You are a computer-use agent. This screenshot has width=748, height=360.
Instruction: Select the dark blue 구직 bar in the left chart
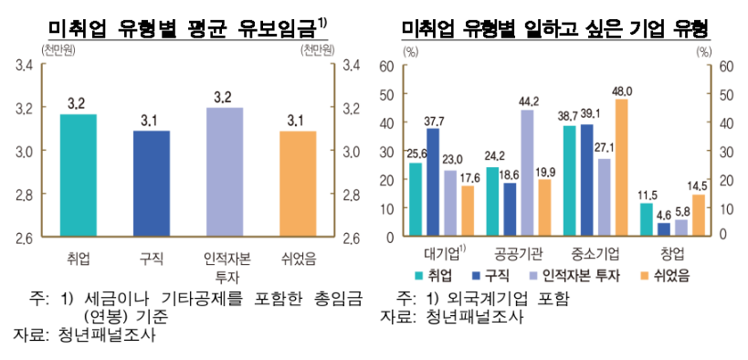coord(151,184)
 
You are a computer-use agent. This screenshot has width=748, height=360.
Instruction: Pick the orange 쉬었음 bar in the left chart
coord(297,184)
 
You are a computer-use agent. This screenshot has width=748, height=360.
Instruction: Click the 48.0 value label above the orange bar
coord(623,90)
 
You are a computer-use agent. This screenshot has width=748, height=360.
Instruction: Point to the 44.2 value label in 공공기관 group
coord(529,101)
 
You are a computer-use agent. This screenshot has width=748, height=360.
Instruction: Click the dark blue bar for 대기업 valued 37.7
coord(433,182)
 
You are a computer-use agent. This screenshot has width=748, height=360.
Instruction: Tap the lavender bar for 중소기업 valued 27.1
coord(604,197)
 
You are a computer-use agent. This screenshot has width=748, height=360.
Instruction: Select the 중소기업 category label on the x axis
coord(595,252)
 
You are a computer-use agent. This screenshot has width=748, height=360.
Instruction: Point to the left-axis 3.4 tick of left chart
coord(24,65)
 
